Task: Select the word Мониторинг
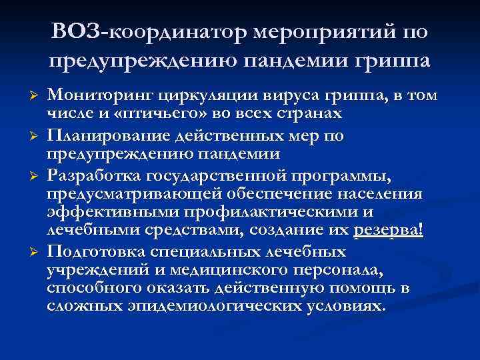96,95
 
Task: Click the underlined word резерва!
389,230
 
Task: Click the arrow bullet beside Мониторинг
27,95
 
